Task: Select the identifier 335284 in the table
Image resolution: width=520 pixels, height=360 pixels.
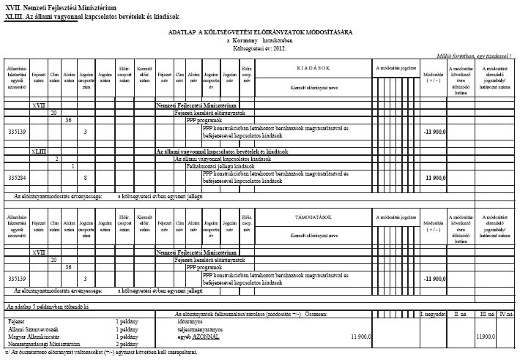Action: [15, 178]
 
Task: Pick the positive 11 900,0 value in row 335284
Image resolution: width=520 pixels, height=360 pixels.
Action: [436, 178]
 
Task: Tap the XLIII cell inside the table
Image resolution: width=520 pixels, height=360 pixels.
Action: [39, 151]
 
